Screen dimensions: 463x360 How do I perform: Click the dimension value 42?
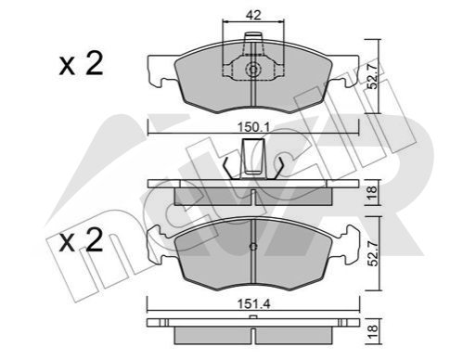point(253,15)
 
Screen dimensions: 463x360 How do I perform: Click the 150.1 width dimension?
point(253,127)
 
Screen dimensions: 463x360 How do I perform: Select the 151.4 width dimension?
point(253,304)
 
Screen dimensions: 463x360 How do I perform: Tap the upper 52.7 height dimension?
point(373,76)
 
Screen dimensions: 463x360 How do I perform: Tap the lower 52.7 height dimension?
point(373,253)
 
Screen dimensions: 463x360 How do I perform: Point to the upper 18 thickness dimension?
point(373,192)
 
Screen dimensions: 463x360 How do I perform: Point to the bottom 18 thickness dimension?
point(373,331)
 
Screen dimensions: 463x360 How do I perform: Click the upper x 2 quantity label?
point(81,64)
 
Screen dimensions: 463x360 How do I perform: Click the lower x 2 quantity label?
point(81,240)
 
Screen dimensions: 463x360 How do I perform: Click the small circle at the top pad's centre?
point(253,70)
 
